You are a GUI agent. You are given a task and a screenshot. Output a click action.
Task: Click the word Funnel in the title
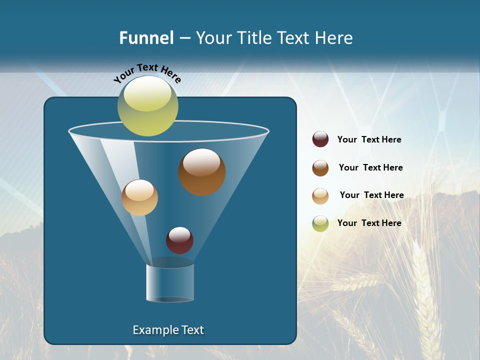coord(146,38)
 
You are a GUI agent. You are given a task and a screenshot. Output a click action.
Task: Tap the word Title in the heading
coord(253,38)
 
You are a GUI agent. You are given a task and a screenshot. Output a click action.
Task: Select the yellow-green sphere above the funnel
coord(148,105)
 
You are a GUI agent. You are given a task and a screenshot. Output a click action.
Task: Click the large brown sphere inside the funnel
coord(202,172)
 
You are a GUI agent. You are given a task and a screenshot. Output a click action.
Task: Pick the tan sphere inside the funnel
coord(139,197)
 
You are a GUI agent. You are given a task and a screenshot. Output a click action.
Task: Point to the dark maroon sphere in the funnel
coord(179,240)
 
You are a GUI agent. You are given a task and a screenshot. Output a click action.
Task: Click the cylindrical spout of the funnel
coord(170,283)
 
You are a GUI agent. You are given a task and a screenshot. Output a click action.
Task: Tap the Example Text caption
coord(168,330)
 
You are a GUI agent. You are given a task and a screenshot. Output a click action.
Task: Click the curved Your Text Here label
coord(147,73)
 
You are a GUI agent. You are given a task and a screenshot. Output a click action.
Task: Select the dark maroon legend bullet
coord(320,139)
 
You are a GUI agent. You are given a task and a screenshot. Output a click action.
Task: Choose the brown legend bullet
coord(320,168)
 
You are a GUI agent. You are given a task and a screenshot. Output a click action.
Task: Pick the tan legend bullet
coord(320,196)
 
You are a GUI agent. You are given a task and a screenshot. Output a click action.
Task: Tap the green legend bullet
coord(320,223)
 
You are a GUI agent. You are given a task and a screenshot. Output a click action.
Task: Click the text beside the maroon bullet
coord(369,140)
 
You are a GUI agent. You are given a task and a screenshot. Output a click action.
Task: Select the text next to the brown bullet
coord(370,167)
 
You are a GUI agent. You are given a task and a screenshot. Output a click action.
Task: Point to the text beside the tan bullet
coord(371,195)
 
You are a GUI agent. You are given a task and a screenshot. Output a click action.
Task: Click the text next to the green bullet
coord(369,223)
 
